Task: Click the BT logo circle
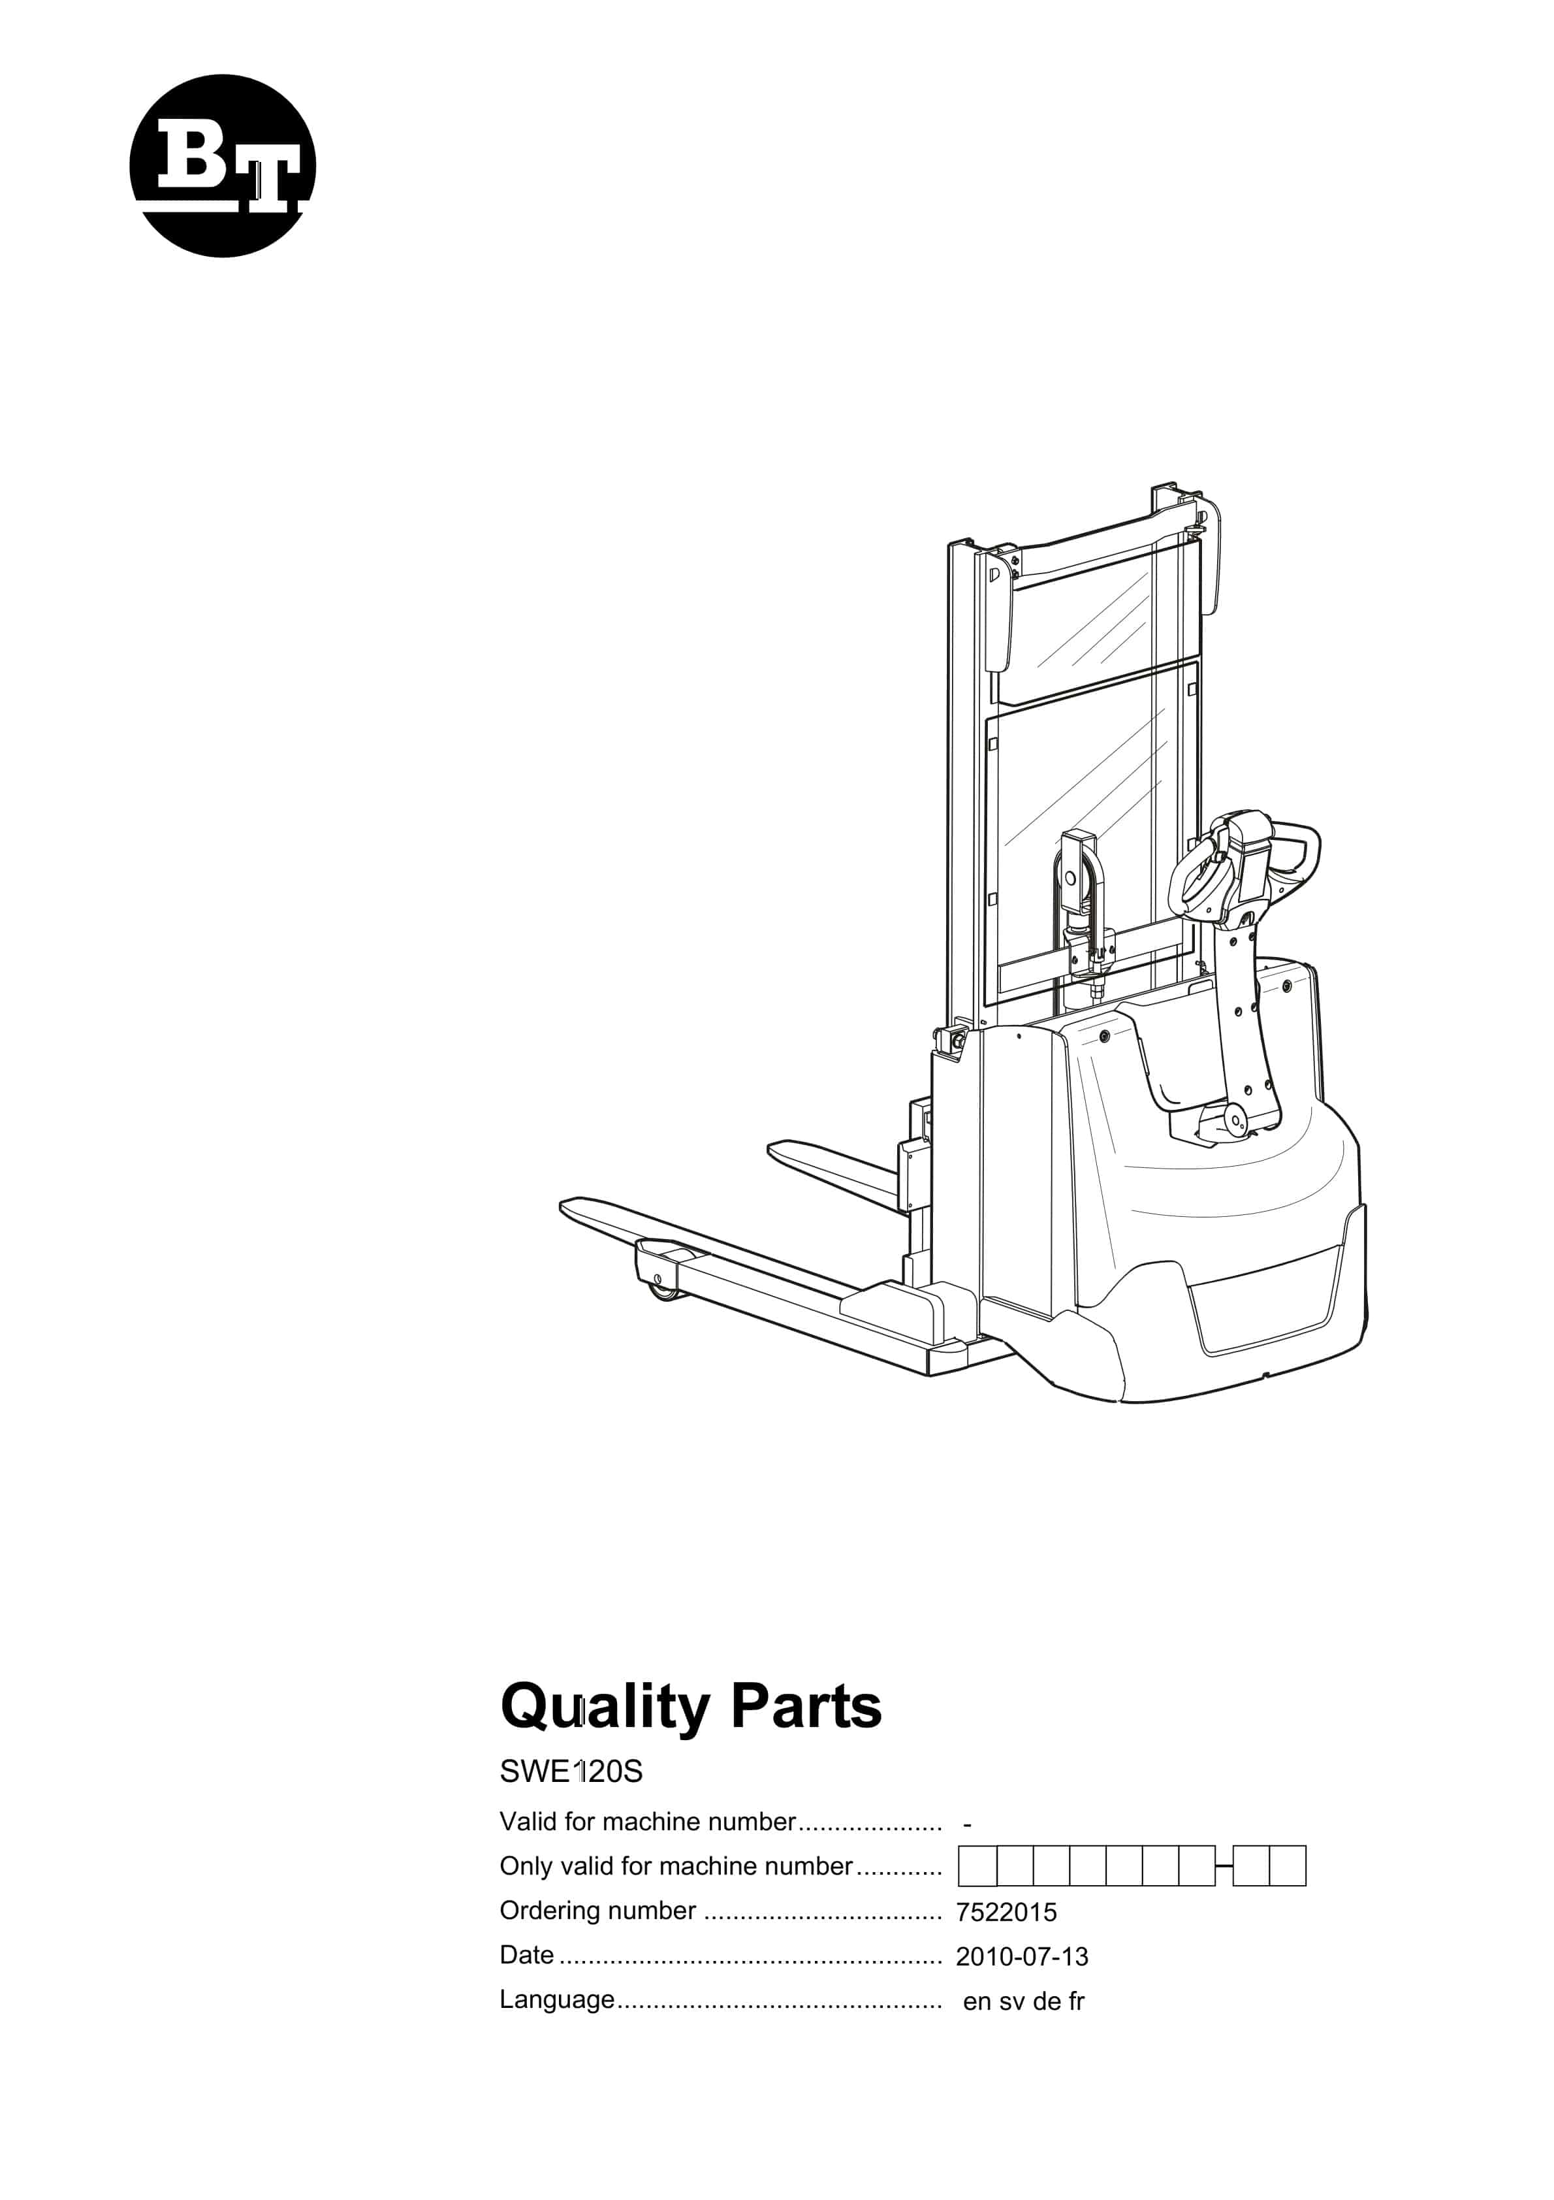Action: (222, 166)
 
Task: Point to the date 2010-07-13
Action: (1021, 1956)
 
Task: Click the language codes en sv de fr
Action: (1023, 2001)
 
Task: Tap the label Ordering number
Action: (598, 1911)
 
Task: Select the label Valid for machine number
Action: (648, 1822)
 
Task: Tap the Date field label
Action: (527, 1954)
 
